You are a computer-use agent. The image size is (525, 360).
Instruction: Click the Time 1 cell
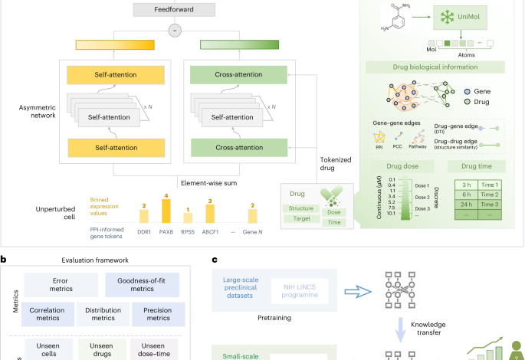495,185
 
